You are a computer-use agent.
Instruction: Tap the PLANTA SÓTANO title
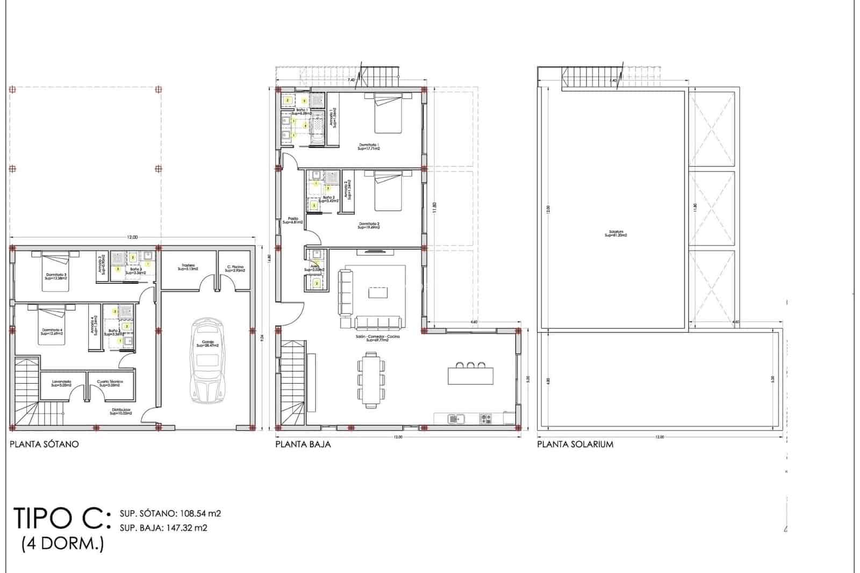coord(44,444)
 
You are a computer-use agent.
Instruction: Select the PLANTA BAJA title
coord(303,444)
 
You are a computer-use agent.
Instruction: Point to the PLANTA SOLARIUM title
coord(575,444)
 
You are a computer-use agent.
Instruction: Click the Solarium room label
coord(616,234)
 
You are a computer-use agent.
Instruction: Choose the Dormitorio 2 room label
coord(369,225)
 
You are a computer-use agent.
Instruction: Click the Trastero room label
coord(188,267)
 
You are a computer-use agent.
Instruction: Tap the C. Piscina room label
coord(235,268)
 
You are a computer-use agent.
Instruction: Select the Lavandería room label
coord(61,383)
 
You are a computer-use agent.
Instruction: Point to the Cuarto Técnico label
coord(110,383)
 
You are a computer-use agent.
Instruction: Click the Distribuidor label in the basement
coord(120,412)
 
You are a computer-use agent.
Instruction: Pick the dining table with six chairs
coord(371,378)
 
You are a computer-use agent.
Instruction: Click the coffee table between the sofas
coord(377,292)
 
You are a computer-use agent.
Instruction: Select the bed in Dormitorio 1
coord(388,113)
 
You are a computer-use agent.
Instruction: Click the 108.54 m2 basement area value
coord(195,513)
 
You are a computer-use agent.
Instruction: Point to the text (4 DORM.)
coord(62,544)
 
